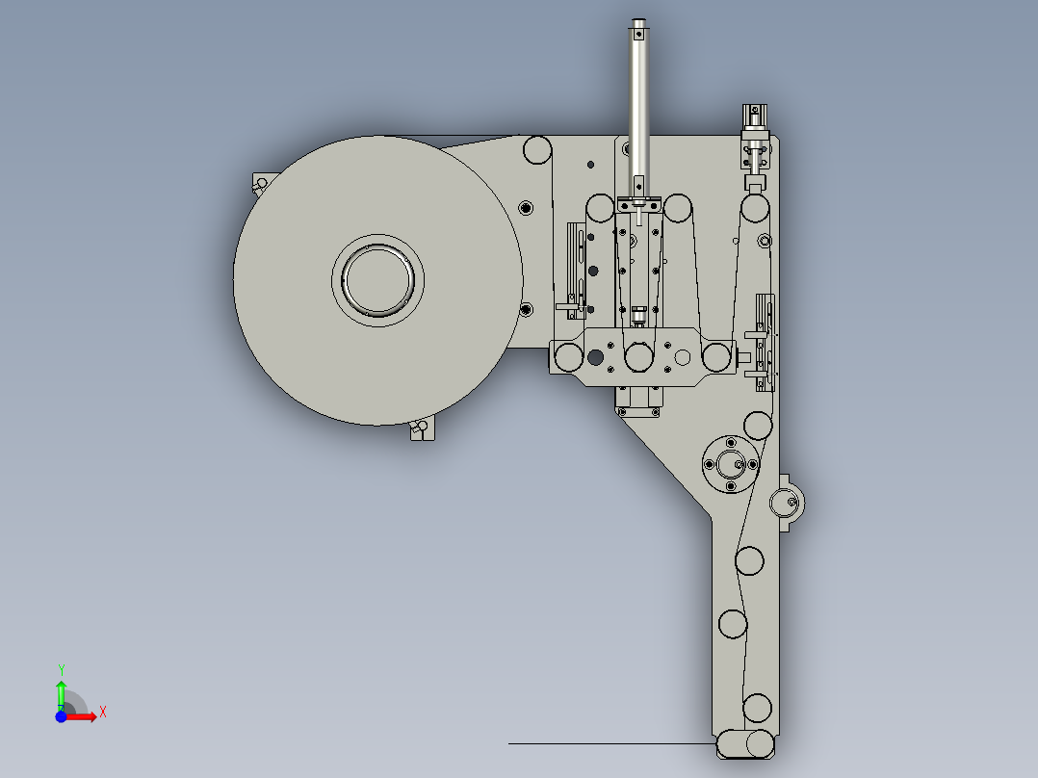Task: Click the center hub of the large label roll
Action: click(378, 279)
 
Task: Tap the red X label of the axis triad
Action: click(103, 713)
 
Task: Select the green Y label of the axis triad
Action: click(62, 669)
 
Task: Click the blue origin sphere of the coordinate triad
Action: click(61, 716)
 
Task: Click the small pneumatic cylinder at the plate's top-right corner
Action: click(754, 130)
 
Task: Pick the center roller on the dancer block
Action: click(637, 357)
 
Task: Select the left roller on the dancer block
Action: click(569, 357)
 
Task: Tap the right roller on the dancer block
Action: click(715, 357)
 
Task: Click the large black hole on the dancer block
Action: click(595, 357)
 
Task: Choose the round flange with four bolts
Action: click(729, 463)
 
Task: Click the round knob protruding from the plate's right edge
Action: click(788, 502)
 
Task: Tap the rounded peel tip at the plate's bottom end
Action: click(745, 744)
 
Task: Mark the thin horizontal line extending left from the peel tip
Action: click(607, 743)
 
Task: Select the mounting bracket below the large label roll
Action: click(421, 429)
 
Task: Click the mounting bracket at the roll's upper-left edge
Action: click(260, 183)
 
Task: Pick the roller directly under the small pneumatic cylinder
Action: click(756, 208)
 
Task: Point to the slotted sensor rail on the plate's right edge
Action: click(766, 342)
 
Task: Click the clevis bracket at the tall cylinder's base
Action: click(638, 204)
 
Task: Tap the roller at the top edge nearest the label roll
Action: click(537, 149)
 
